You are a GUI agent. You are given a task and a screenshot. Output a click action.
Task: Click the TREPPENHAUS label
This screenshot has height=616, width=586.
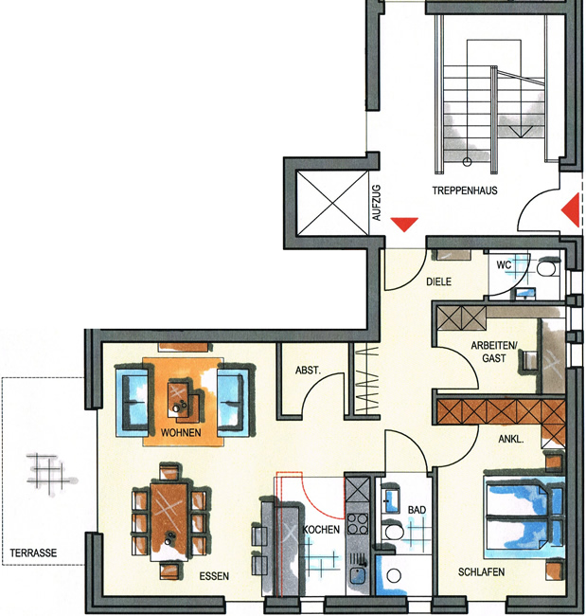465,190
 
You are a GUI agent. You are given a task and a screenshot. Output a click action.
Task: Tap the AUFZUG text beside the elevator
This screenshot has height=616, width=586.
377,203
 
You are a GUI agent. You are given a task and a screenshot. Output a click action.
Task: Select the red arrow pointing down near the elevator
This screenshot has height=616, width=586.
404,225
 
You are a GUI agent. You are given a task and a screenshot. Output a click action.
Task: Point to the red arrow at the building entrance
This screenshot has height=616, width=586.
570,209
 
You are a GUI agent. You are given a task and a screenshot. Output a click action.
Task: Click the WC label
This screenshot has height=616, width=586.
504,264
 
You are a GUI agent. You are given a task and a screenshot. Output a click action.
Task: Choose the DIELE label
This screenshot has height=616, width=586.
439,281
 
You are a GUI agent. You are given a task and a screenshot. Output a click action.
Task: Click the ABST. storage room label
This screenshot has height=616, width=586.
308,370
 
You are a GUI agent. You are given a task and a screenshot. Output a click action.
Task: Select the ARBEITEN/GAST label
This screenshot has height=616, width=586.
494,352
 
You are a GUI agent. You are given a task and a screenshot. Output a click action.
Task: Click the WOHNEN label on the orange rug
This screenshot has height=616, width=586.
181,432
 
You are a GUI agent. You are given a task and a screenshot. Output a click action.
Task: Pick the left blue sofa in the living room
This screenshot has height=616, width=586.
132,401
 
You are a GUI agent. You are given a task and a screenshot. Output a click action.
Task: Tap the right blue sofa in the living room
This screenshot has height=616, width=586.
233,401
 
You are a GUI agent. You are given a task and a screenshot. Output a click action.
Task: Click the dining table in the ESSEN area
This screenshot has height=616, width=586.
169,521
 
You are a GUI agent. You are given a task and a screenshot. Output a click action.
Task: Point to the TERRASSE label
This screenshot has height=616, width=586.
33,553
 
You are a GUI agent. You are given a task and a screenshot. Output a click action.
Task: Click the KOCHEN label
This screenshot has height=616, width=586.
321,530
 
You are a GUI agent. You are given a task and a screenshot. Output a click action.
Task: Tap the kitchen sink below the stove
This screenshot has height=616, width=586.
358,575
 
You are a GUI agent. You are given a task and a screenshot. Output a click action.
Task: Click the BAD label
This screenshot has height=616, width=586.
417,510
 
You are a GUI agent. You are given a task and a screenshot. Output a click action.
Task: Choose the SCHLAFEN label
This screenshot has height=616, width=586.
481,571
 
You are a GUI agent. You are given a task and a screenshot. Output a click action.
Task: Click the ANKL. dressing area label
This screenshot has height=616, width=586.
511,439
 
